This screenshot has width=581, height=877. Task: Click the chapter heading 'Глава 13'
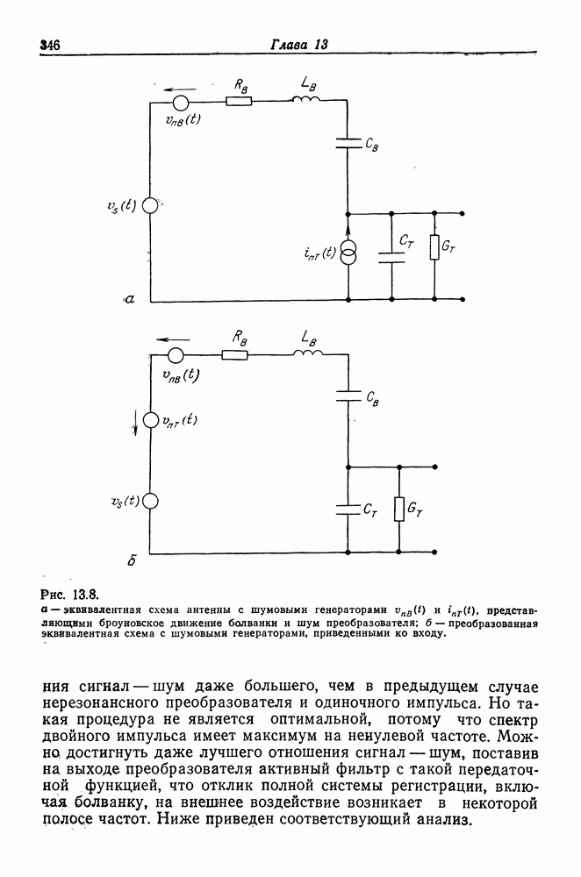[298, 45]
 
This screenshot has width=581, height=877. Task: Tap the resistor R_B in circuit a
[238, 101]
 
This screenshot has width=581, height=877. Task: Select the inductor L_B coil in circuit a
[308, 98]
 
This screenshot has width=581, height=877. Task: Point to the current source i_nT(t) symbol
[349, 254]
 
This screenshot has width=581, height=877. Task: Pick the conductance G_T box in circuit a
[434, 248]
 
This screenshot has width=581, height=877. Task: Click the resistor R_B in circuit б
[234, 354]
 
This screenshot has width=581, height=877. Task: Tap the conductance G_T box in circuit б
[399, 510]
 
